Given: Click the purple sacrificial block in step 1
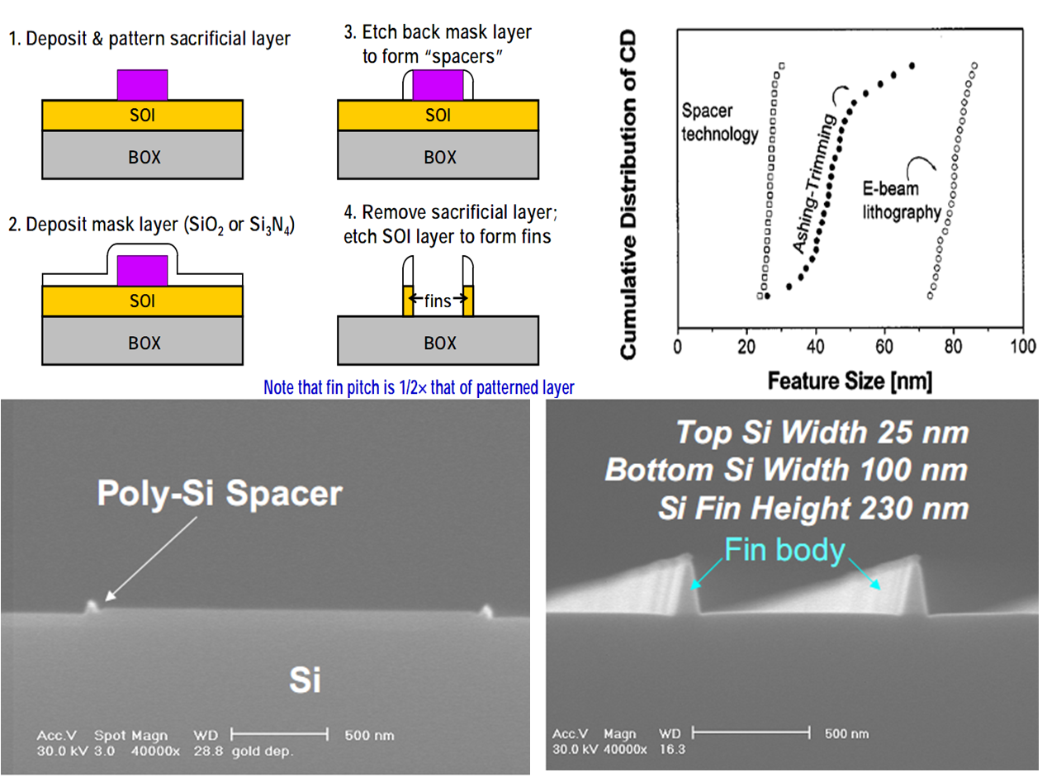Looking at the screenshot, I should point(142,84).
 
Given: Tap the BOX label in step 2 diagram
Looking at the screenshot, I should point(144,342).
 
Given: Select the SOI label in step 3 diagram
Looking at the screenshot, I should point(438,115).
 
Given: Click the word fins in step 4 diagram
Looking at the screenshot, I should point(438,301).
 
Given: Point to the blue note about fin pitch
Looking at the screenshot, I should point(419,386).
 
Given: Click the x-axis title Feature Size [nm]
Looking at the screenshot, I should point(850,381).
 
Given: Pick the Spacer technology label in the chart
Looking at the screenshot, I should point(719,122).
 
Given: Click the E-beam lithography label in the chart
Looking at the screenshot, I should point(903,201).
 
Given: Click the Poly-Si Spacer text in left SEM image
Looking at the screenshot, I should point(219,493).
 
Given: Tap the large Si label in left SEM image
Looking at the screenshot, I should point(305,680).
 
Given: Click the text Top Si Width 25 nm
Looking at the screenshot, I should point(822,432).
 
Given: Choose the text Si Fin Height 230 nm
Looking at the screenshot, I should point(812,508).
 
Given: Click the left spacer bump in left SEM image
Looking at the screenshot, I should point(92,607).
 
